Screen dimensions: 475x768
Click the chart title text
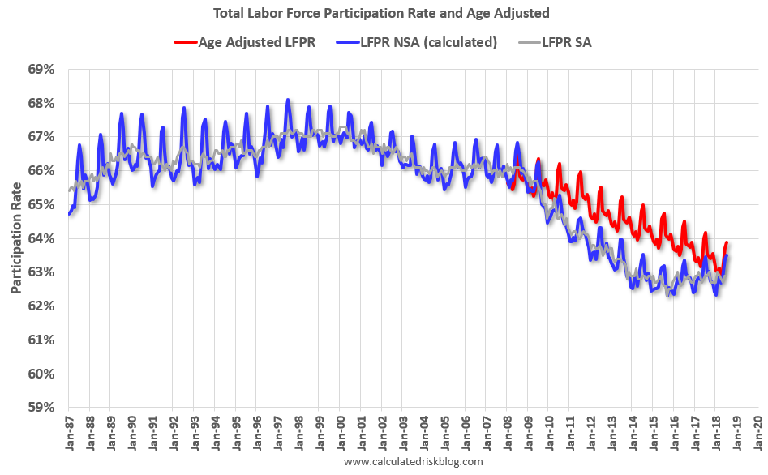384,14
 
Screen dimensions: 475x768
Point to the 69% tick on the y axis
41,70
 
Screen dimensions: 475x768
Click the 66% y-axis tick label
41,171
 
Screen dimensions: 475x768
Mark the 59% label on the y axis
41,408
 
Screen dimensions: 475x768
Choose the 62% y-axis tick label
41,306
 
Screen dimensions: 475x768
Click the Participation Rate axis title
17,238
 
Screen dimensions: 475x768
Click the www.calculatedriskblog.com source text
414,462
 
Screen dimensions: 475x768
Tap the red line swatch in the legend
185,42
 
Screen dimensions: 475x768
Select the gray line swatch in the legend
526,42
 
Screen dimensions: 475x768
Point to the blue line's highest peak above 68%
288,100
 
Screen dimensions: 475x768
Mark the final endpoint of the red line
727,242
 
